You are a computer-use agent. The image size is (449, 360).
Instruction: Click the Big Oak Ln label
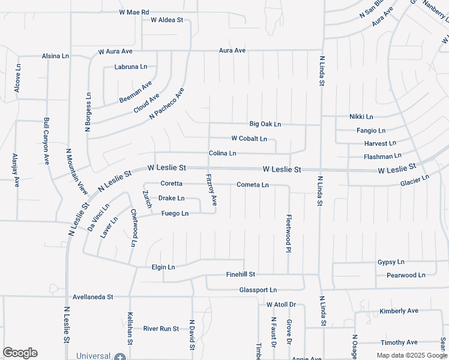click(265, 124)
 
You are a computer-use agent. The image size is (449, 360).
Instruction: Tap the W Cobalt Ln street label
click(249, 139)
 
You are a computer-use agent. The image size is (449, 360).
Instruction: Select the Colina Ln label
click(222, 154)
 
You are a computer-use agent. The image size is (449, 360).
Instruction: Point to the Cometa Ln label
click(253, 185)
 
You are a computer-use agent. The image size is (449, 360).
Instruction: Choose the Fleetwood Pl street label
click(289, 233)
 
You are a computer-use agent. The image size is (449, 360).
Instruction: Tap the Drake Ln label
click(171, 198)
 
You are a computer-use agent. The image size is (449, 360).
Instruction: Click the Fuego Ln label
click(175, 214)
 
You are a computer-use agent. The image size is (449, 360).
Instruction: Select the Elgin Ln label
click(163, 267)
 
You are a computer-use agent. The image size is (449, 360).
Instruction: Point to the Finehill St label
click(241, 274)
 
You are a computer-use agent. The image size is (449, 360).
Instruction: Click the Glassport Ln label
click(258, 290)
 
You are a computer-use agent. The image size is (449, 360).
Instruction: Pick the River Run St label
click(161, 329)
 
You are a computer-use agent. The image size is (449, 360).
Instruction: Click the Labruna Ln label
click(131, 67)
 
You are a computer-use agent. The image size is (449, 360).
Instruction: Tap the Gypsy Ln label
click(391, 262)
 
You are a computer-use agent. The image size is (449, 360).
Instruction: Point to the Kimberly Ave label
click(399, 311)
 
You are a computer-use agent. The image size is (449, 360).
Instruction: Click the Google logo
click(20, 353)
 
